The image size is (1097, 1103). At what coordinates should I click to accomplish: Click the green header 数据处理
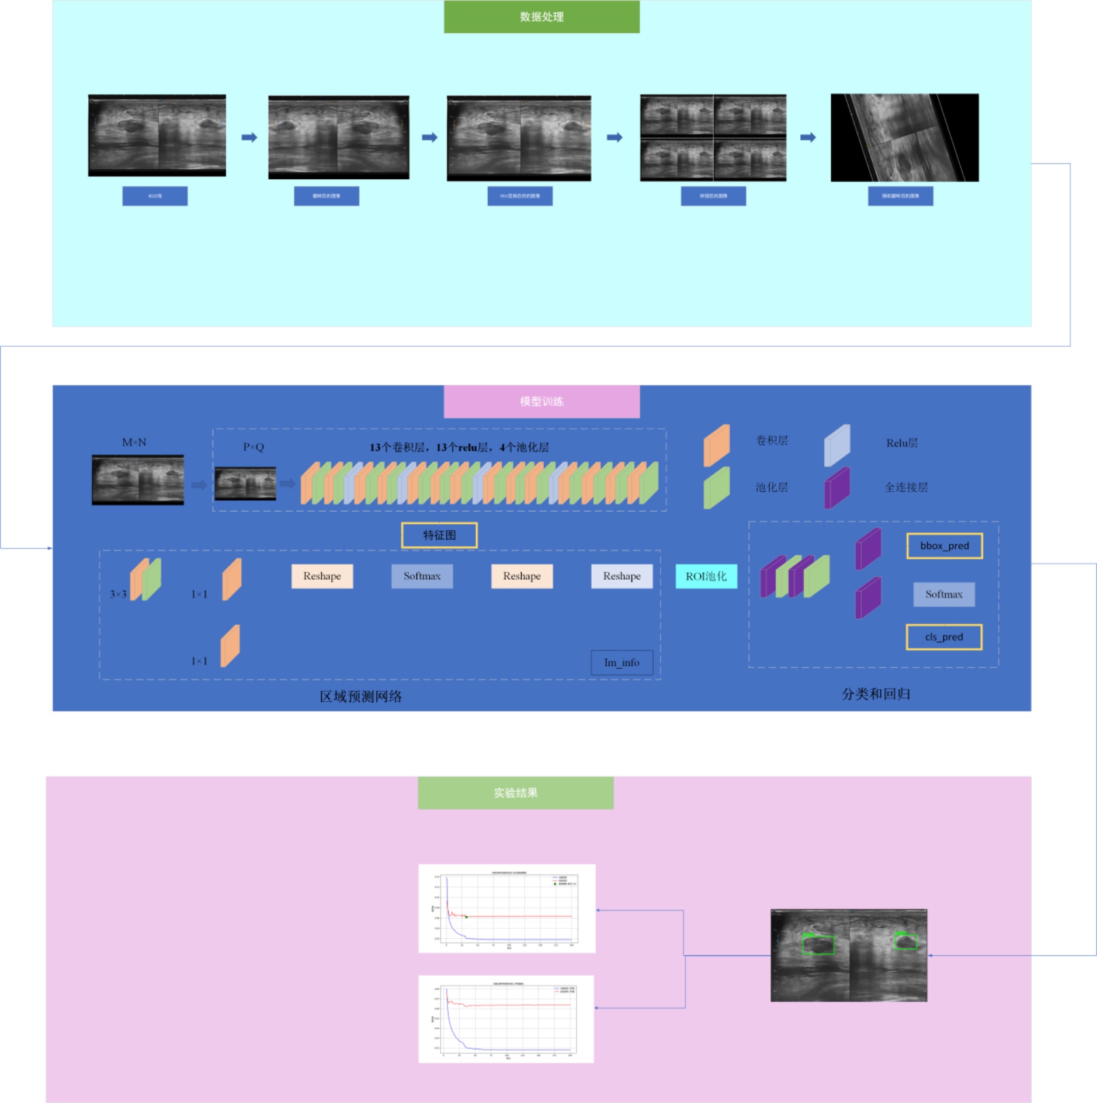point(541,17)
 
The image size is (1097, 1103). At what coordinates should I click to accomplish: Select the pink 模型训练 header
point(541,401)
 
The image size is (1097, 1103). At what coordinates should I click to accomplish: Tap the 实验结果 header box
point(515,792)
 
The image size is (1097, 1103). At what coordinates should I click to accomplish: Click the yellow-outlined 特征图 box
point(439,535)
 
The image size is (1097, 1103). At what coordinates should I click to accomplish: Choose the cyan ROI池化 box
point(706,576)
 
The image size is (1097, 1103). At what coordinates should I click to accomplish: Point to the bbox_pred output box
point(944,546)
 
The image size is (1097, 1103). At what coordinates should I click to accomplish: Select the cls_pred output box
point(943,637)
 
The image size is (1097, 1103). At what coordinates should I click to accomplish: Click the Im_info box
point(622,663)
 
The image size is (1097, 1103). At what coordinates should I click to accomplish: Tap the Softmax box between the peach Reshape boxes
point(422,576)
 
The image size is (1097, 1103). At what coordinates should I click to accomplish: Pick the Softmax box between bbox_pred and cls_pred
point(943,594)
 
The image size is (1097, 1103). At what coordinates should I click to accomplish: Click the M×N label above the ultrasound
point(134,443)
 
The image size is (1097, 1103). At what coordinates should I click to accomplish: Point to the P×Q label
point(254,447)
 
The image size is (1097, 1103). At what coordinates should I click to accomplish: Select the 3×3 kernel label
point(118,594)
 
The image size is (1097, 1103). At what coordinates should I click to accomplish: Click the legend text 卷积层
point(772,441)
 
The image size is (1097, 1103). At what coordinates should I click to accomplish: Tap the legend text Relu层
point(901,443)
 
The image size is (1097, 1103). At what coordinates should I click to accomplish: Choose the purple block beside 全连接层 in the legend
point(836,488)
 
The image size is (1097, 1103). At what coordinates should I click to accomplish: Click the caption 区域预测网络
point(360,696)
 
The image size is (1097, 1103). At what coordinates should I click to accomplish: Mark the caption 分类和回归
point(876,694)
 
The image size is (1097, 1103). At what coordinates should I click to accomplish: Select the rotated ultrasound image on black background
point(904,138)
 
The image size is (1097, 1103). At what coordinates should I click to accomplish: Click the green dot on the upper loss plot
point(466,917)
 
